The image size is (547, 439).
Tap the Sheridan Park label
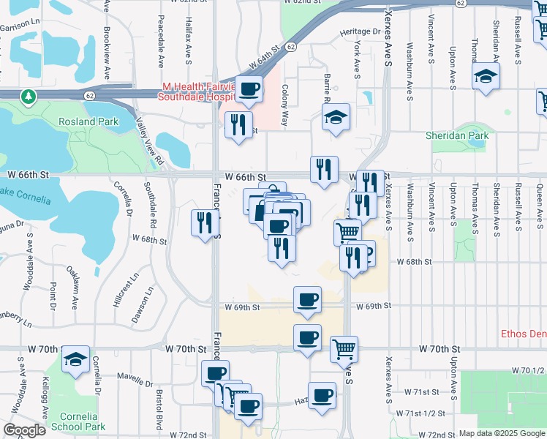coord(457,135)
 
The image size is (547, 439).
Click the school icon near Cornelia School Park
coord(75,360)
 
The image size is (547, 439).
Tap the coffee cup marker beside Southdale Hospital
coord(249,90)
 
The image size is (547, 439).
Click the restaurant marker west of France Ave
coord(205,222)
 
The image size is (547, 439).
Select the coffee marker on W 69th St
coord(307,299)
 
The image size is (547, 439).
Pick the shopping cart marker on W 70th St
coord(344,349)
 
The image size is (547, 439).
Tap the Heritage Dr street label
coord(360,32)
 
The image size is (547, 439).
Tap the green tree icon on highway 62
coord(28,96)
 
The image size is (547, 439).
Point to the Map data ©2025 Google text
coord(502,433)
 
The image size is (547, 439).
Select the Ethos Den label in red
coord(523,334)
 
